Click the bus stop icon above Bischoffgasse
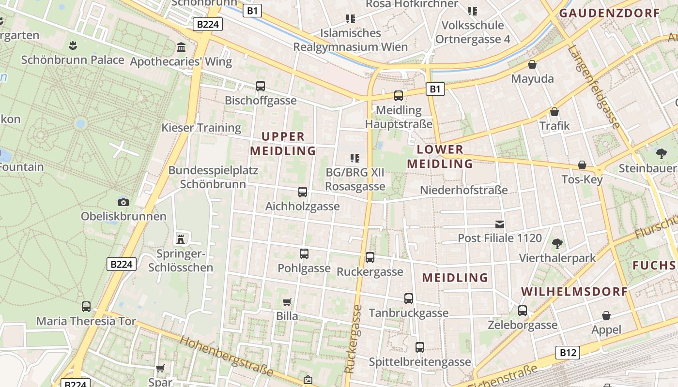pyautogui.click(x=261, y=86)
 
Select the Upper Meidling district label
pyautogui.click(x=283, y=144)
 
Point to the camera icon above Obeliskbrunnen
pyautogui.click(x=123, y=202)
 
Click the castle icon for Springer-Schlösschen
pyautogui.click(x=181, y=238)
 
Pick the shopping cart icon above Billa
pyautogui.click(x=287, y=302)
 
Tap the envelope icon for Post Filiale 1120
pyautogui.click(x=499, y=224)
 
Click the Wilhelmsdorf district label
pyautogui.click(x=574, y=292)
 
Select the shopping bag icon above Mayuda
pyautogui.click(x=532, y=64)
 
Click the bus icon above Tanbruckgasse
pyautogui.click(x=409, y=298)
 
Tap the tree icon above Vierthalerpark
pyautogui.click(x=557, y=243)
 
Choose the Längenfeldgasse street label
pyautogui.click(x=594, y=87)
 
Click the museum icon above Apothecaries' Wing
pyautogui.click(x=181, y=47)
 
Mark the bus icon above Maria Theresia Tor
pyautogui.click(x=86, y=306)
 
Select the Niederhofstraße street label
pyautogui.click(x=463, y=190)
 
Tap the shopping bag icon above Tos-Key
pyautogui.click(x=582, y=165)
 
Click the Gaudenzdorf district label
pyautogui.click(x=610, y=13)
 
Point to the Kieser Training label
pyautogui.click(x=201, y=128)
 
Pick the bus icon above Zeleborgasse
pyautogui.click(x=522, y=311)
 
